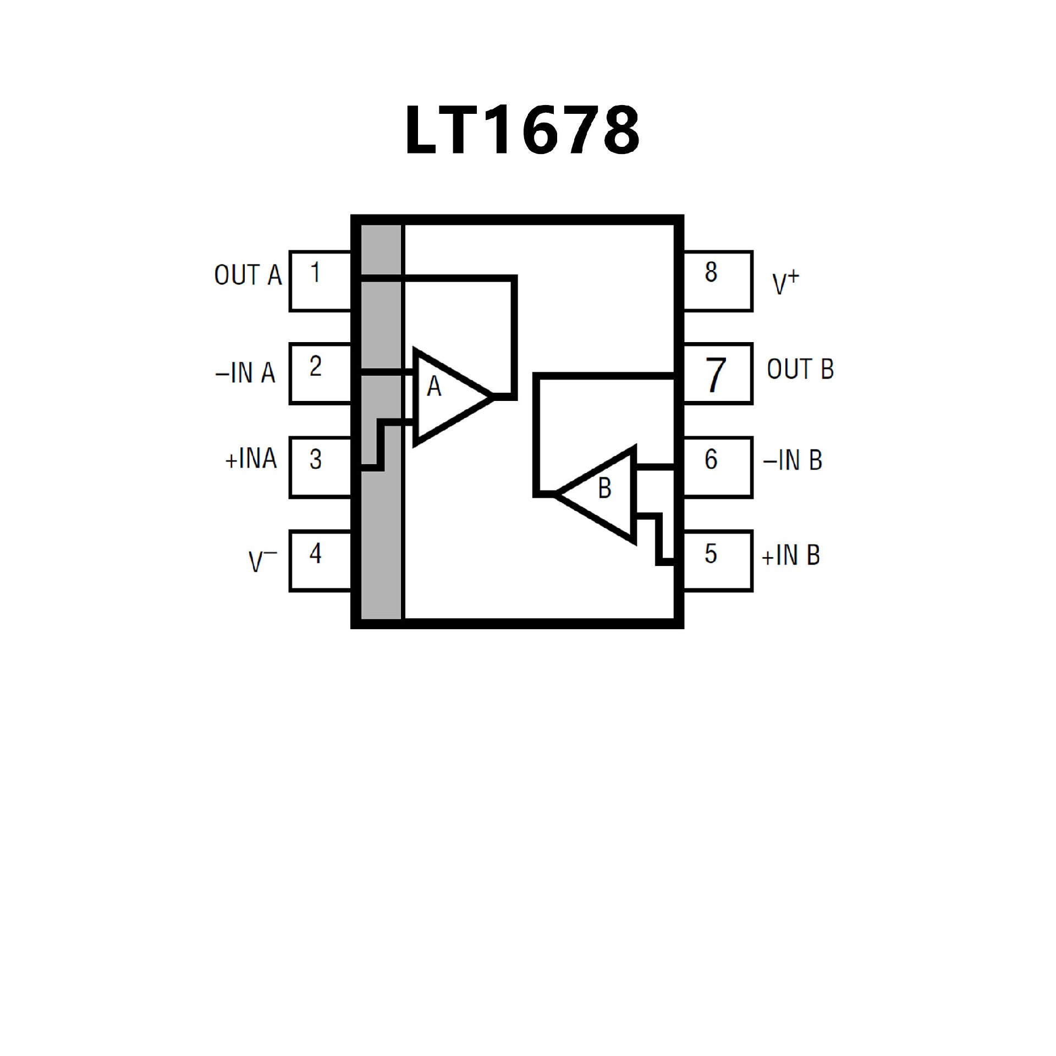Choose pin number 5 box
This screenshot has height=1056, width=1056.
(x=717, y=561)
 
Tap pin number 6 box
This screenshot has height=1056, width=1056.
(x=717, y=468)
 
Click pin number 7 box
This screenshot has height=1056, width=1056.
(x=717, y=374)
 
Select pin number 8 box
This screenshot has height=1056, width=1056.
(x=717, y=281)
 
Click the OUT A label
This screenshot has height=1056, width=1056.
(x=248, y=275)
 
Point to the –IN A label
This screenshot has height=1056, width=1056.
(x=245, y=373)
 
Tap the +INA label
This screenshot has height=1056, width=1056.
(x=251, y=459)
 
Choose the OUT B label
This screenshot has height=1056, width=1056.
(x=800, y=369)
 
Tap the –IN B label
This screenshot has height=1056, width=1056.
(x=793, y=461)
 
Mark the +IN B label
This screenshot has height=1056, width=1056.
(x=790, y=555)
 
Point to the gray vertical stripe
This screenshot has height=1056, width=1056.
(x=381, y=528)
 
